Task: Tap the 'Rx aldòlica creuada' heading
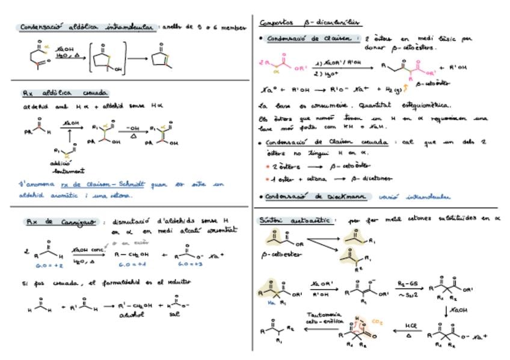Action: pos(65,93)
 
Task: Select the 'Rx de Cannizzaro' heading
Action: pos(61,222)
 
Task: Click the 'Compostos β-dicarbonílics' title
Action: pos(310,23)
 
